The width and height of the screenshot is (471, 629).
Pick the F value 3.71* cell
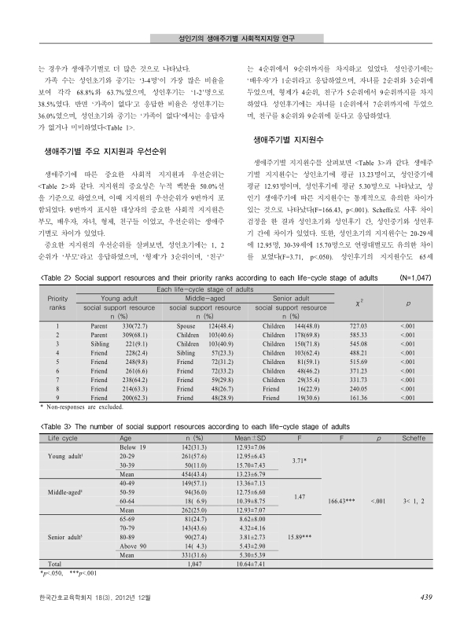coord(303,462)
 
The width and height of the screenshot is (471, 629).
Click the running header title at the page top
coord(237,37)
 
